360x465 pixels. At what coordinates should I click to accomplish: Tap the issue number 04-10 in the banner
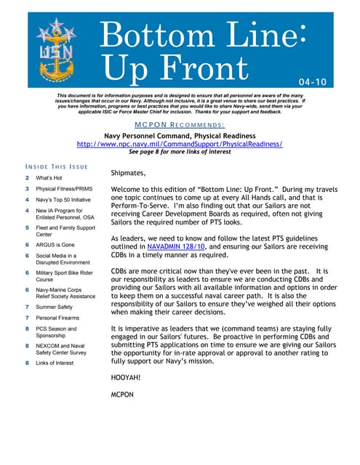coord(313,82)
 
